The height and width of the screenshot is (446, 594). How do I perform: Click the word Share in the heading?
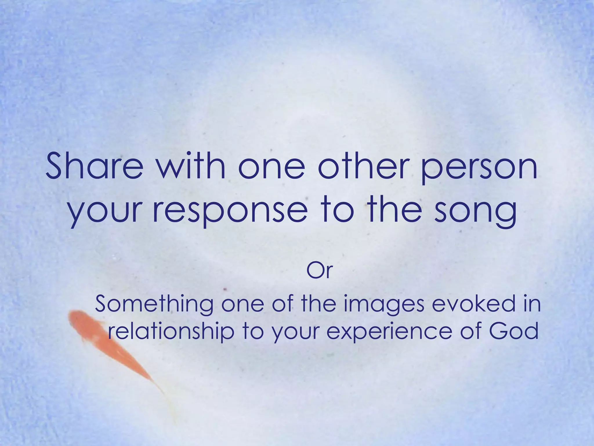[x=94, y=168]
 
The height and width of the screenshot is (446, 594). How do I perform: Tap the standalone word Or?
[x=319, y=271]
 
